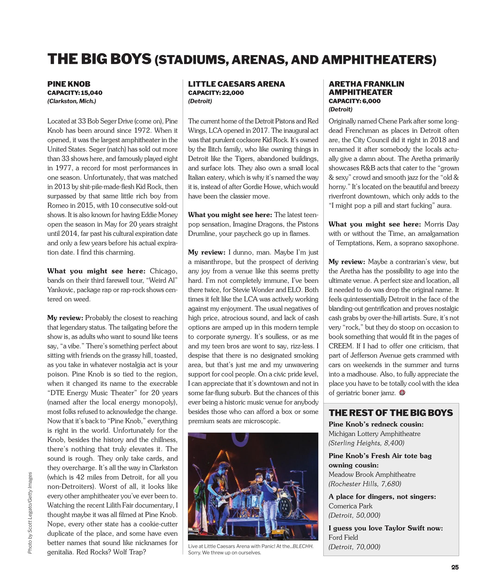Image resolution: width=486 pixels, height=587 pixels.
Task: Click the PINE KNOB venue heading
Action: coord(69,84)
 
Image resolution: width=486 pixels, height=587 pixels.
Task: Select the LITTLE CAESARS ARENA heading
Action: coord(236,84)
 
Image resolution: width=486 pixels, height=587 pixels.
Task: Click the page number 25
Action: coord(455,567)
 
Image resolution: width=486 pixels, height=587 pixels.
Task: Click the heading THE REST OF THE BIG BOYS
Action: coord(391,413)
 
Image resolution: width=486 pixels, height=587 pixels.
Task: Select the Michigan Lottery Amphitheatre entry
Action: coord(374,433)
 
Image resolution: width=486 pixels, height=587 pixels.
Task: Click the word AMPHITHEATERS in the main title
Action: coord(377,60)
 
